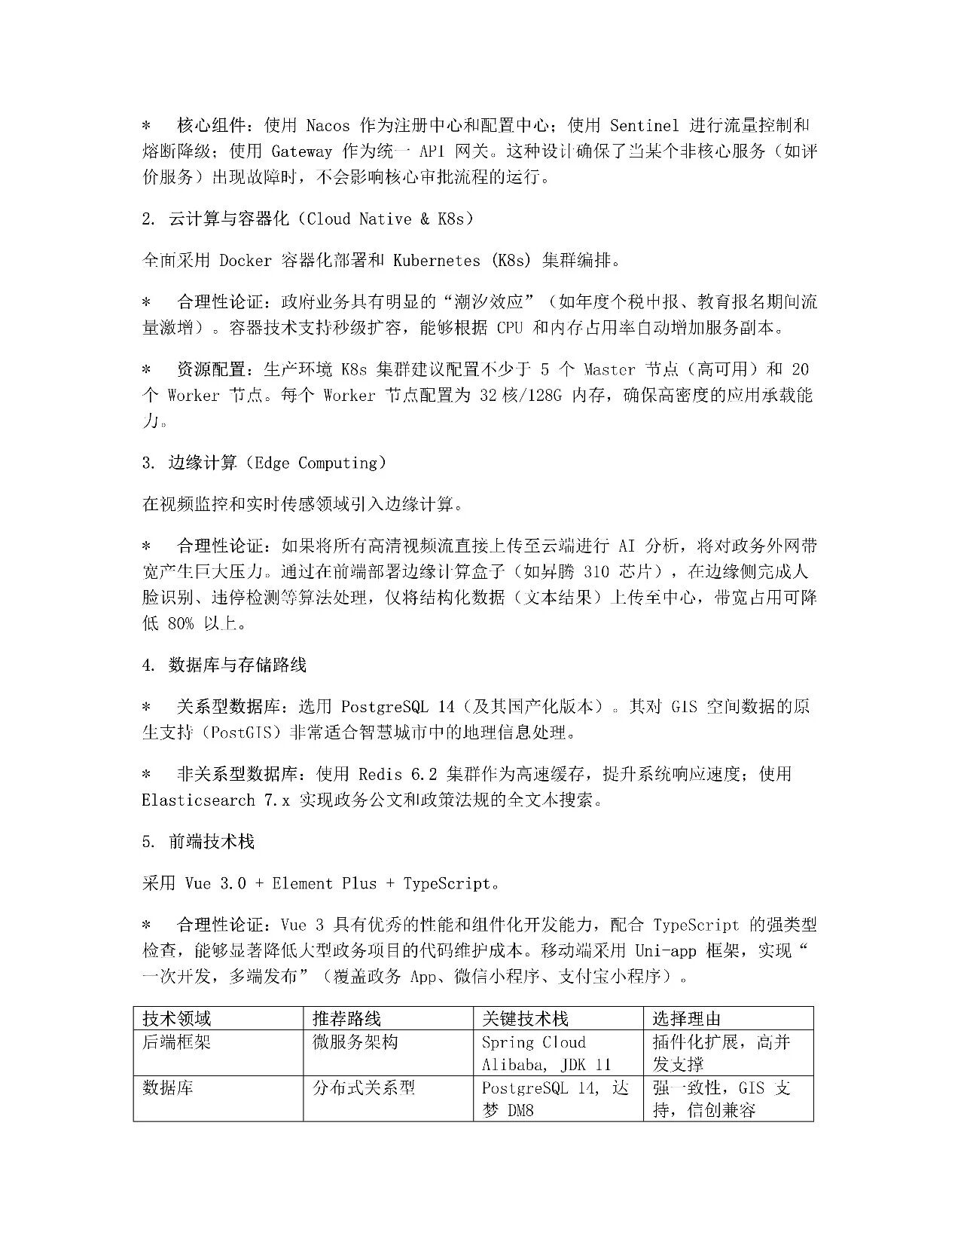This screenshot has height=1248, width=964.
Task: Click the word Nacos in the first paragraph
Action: tap(328, 125)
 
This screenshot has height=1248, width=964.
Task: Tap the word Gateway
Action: tap(301, 151)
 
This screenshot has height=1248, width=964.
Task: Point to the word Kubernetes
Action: tap(437, 261)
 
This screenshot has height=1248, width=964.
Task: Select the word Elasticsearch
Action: tap(198, 800)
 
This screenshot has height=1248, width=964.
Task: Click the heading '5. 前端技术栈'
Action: tap(198, 842)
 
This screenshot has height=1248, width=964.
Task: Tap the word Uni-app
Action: tap(666, 951)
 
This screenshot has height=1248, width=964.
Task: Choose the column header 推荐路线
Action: tap(346, 1019)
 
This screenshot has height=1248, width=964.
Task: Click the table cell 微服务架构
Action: tap(355, 1042)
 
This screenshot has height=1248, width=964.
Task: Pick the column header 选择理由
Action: tap(686, 1019)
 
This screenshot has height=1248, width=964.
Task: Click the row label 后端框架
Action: tap(177, 1042)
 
